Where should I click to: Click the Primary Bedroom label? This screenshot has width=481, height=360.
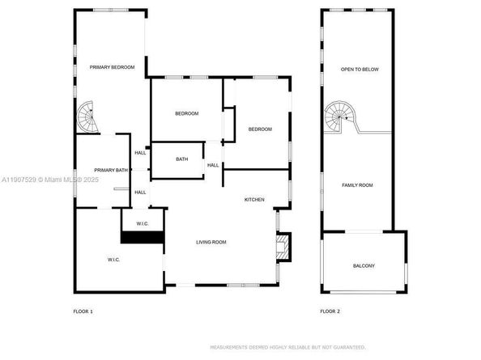point(112,67)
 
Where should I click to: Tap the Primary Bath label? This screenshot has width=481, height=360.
point(111,170)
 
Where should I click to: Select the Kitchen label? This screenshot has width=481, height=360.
point(255,199)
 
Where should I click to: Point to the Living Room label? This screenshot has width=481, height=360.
point(211,242)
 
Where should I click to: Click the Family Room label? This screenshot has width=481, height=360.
point(357,185)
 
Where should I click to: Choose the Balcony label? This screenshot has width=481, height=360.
point(364,265)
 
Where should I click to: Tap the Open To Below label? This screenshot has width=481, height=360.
point(360,69)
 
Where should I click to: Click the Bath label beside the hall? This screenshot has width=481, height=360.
point(182,159)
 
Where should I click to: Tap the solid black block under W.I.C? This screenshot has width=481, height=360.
point(143,237)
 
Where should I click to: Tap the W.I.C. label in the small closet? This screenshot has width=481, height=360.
point(142,223)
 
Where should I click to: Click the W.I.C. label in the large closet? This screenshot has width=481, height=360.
point(113,260)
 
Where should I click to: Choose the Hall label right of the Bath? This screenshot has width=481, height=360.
point(213,165)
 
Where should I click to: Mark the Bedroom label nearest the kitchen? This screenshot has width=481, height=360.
point(259,129)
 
